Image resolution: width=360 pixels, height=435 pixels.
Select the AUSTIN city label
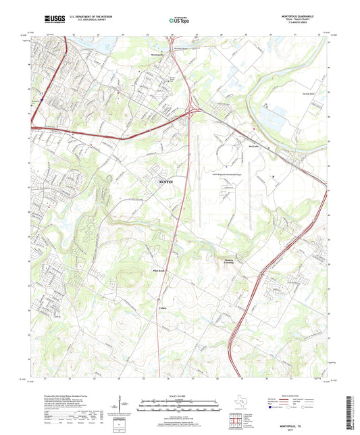tap(165, 182)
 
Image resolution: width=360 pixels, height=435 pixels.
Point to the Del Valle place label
tap(255, 144)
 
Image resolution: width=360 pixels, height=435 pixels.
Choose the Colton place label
tap(162, 307)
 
